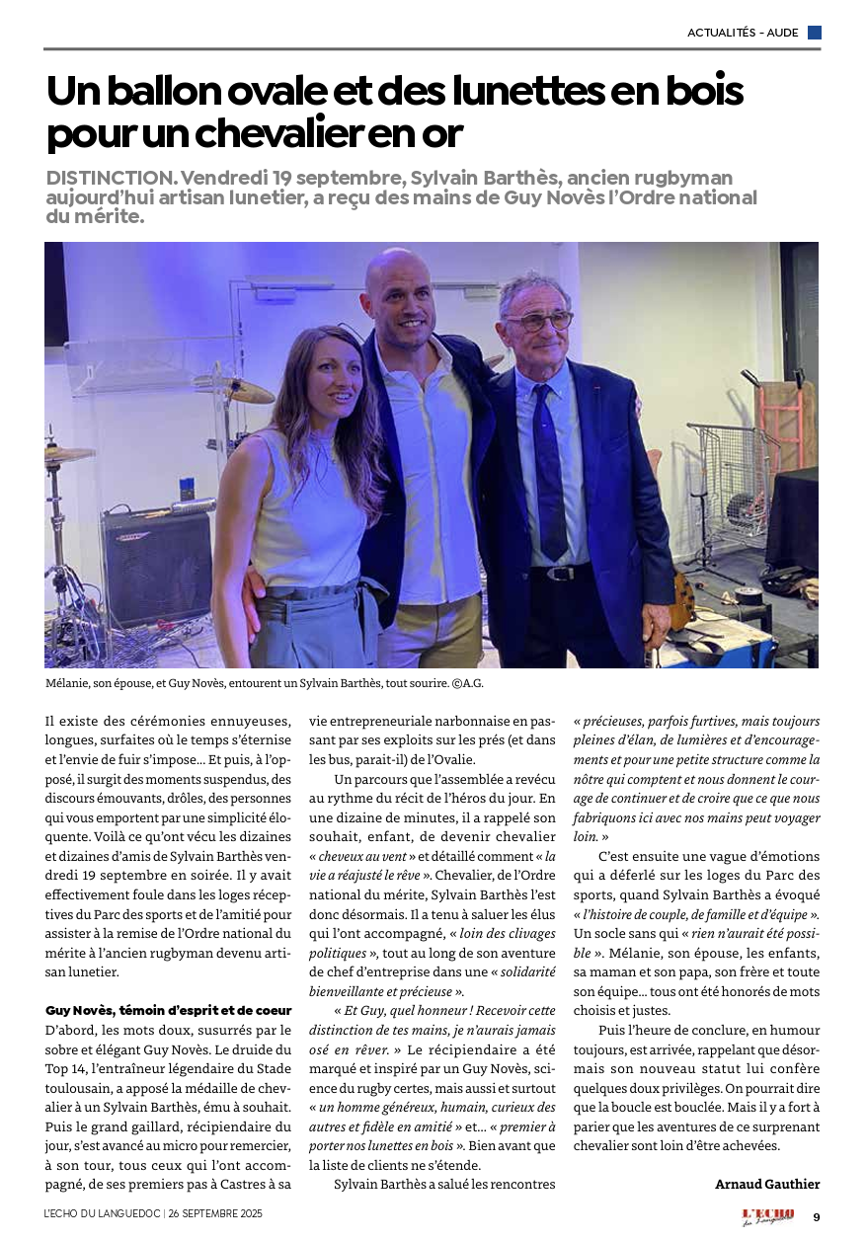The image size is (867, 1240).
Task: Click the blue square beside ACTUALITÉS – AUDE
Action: click(814, 33)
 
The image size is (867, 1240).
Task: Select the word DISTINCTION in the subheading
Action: click(110, 178)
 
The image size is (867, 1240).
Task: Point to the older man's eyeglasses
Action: click(538, 321)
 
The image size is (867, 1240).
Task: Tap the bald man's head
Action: click(401, 281)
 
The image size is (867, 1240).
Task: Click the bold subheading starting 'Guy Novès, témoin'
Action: click(168, 1010)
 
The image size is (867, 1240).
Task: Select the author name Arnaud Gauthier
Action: click(767, 1184)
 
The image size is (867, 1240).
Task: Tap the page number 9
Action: click(816, 1216)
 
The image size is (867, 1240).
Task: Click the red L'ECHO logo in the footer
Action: click(767, 1215)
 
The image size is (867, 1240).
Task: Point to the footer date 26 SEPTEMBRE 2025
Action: click(216, 1212)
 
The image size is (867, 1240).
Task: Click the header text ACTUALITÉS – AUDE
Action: click(743, 33)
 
